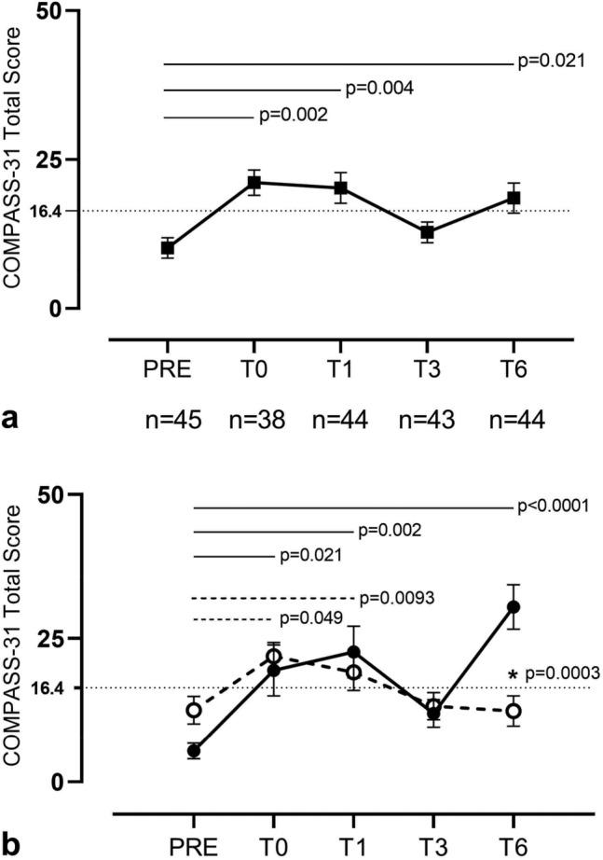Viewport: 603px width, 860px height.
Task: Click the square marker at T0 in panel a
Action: (254, 182)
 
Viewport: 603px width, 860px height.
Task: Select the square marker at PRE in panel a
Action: (167, 248)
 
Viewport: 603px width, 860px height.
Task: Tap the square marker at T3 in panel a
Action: (427, 232)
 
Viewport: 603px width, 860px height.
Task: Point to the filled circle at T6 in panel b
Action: (513, 607)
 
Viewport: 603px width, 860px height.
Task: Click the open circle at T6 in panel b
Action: (513, 712)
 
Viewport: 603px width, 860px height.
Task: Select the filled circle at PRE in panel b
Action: (193, 750)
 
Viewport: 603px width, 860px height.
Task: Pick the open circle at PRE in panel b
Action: (193, 711)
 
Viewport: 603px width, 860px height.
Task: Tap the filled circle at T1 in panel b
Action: (353, 651)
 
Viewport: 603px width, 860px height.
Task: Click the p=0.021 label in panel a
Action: (551, 62)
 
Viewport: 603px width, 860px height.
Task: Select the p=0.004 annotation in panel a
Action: (379, 89)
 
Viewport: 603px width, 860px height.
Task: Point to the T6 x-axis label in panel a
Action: (513, 368)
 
